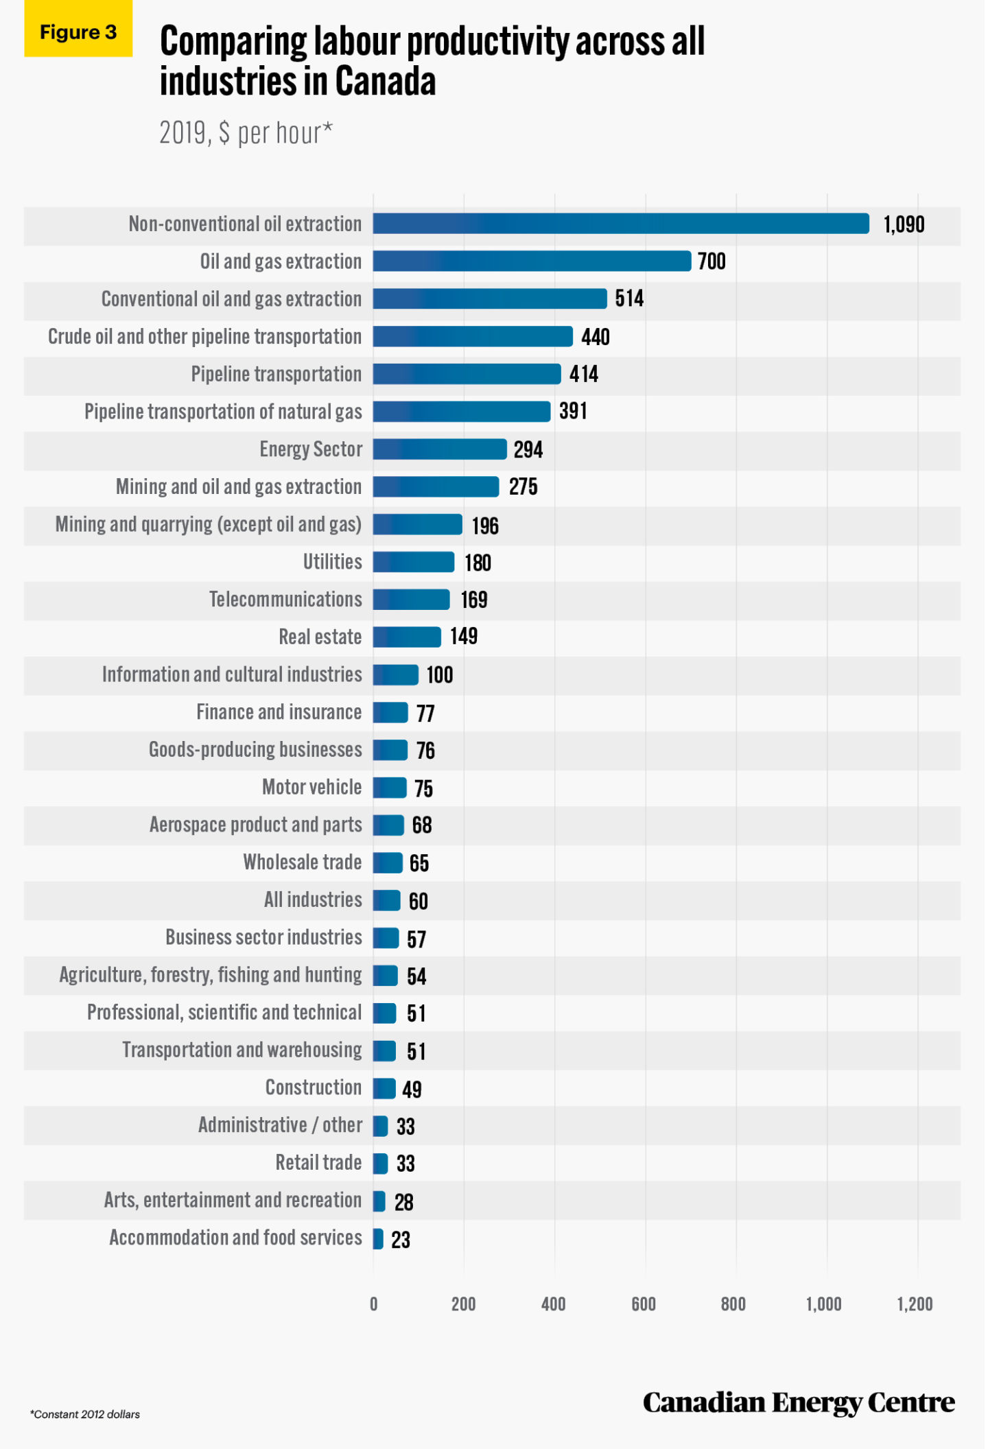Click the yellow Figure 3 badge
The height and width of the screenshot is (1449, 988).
point(78,32)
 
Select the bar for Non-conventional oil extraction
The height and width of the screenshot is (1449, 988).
point(621,224)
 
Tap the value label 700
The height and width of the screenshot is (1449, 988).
point(711,261)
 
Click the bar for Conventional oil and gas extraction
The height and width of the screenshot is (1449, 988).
point(490,298)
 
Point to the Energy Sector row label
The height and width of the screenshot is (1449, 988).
point(311,449)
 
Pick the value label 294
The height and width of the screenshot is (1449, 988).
point(528,450)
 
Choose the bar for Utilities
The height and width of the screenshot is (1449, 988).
point(414,562)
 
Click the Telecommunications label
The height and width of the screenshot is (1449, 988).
point(285,600)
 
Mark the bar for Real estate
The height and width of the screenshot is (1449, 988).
point(407,637)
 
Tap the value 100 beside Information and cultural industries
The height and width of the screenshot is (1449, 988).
point(440,675)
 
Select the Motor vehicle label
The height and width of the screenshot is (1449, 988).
point(311,787)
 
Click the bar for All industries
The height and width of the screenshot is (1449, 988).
point(387,900)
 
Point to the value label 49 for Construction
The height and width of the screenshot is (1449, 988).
point(412,1089)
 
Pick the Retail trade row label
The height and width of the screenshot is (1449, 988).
point(318,1163)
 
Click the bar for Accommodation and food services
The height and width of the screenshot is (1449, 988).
point(378,1238)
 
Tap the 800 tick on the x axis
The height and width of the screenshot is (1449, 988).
point(733,1304)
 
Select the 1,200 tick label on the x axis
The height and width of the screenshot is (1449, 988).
point(915,1304)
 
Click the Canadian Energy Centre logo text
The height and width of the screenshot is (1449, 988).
point(799,1402)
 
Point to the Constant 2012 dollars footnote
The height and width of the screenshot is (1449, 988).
point(85,1414)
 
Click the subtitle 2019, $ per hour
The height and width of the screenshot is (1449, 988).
point(246,133)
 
